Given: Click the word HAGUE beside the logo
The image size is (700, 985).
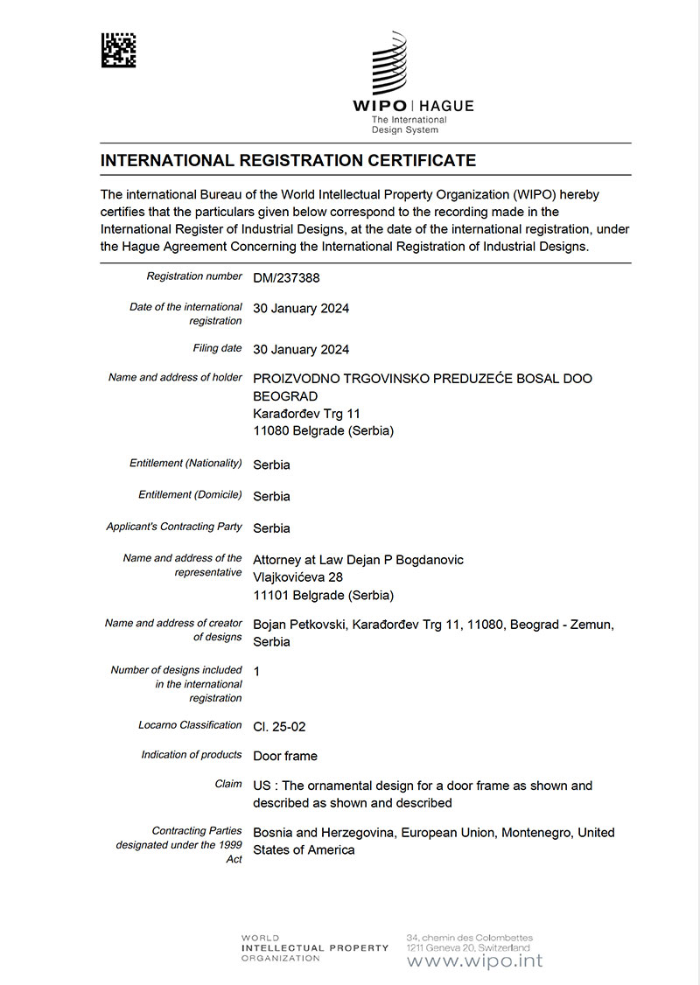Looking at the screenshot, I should pos(447,106).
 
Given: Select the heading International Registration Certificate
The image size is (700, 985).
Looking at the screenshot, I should pos(288,161).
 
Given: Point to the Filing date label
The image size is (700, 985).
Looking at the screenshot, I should pos(217,348).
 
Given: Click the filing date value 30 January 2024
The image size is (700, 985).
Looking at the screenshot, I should pos(301,349).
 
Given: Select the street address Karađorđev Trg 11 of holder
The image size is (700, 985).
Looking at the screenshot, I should pos(306,414).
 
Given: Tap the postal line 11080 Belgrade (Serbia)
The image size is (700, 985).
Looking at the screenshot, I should pos(323,431).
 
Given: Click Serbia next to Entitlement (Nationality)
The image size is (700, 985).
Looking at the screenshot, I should pos(271,465).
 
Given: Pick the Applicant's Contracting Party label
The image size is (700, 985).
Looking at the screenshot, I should pos(174,527).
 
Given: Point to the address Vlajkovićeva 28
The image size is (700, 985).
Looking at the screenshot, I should pos(297,577).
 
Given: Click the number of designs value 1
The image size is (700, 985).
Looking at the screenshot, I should pos(256,671).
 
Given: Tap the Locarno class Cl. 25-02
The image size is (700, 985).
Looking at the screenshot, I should pos(279,727).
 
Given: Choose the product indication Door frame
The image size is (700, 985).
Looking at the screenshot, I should pos(285,756).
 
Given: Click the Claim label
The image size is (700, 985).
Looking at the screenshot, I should pos(228,784).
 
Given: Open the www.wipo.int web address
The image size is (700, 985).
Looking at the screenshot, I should pos(474,961).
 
